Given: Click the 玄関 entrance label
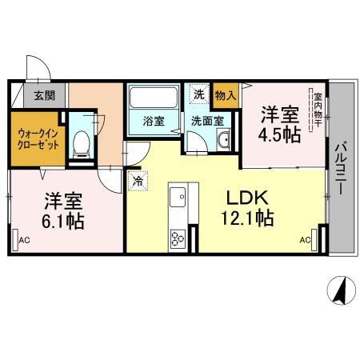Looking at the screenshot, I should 44,97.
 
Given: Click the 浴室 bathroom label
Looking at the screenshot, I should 154,122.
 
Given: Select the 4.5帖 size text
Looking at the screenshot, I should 279,134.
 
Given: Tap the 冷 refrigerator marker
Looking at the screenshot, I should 138,182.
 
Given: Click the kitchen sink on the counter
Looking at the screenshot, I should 177,196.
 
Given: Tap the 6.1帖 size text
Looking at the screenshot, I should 64,218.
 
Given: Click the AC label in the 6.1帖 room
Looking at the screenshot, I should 24,239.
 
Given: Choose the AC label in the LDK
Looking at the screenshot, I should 306,239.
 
